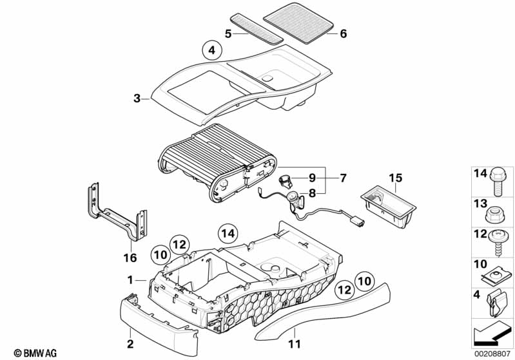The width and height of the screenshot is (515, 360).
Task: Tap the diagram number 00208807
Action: point(493,354)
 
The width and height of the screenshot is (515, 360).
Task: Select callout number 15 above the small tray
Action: point(394,177)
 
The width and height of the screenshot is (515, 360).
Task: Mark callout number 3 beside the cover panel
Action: point(137,99)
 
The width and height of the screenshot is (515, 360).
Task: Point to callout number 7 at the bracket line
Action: point(343,177)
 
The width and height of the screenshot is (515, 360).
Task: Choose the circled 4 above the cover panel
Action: point(211,49)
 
